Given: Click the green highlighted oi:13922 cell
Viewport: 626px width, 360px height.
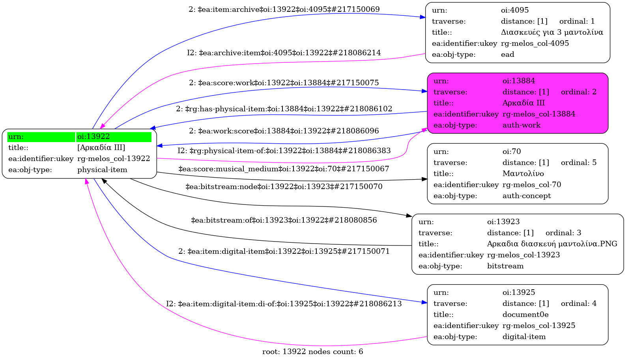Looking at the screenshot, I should pyautogui.click(x=114, y=137).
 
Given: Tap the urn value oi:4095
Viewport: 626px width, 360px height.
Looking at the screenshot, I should pyautogui.click(x=515, y=10).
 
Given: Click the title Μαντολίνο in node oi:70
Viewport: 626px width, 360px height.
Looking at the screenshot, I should pyautogui.click(x=523, y=174).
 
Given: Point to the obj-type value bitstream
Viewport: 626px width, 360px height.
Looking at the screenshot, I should pyautogui.click(x=505, y=266).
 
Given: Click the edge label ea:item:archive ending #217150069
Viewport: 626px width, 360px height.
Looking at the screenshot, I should pyautogui.click(x=284, y=9).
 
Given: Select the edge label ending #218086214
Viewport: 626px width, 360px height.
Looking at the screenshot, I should pyautogui.click(x=284, y=52).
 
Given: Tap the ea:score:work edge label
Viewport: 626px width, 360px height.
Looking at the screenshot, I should pyautogui.click(x=284, y=82).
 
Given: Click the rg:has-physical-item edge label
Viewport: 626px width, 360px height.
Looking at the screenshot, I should pyautogui.click(x=284, y=109).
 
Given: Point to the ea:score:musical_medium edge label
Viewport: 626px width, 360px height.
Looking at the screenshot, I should pyautogui.click(x=284, y=169).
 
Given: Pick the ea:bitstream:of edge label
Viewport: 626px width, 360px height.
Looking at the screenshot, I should pyautogui.click(x=284, y=220).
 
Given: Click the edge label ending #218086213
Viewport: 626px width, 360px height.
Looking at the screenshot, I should pyautogui.click(x=284, y=304).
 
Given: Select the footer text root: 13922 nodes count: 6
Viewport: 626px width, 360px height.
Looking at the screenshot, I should pyautogui.click(x=313, y=352).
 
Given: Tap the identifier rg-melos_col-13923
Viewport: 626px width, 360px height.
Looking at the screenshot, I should pyautogui.click(x=523, y=255).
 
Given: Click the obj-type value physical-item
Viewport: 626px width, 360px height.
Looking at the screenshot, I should pyautogui.click(x=102, y=170).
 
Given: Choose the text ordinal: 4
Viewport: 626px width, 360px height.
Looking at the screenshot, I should pyautogui.click(x=579, y=304).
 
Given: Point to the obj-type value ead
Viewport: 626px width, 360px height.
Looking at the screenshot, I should pyautogui.click(x=507, y=54).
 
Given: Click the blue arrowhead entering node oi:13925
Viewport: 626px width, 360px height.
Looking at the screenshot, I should pyautogui.click(x=424, y=302).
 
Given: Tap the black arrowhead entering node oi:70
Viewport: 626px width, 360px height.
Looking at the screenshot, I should pyautogui.click(x=424, y=179).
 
